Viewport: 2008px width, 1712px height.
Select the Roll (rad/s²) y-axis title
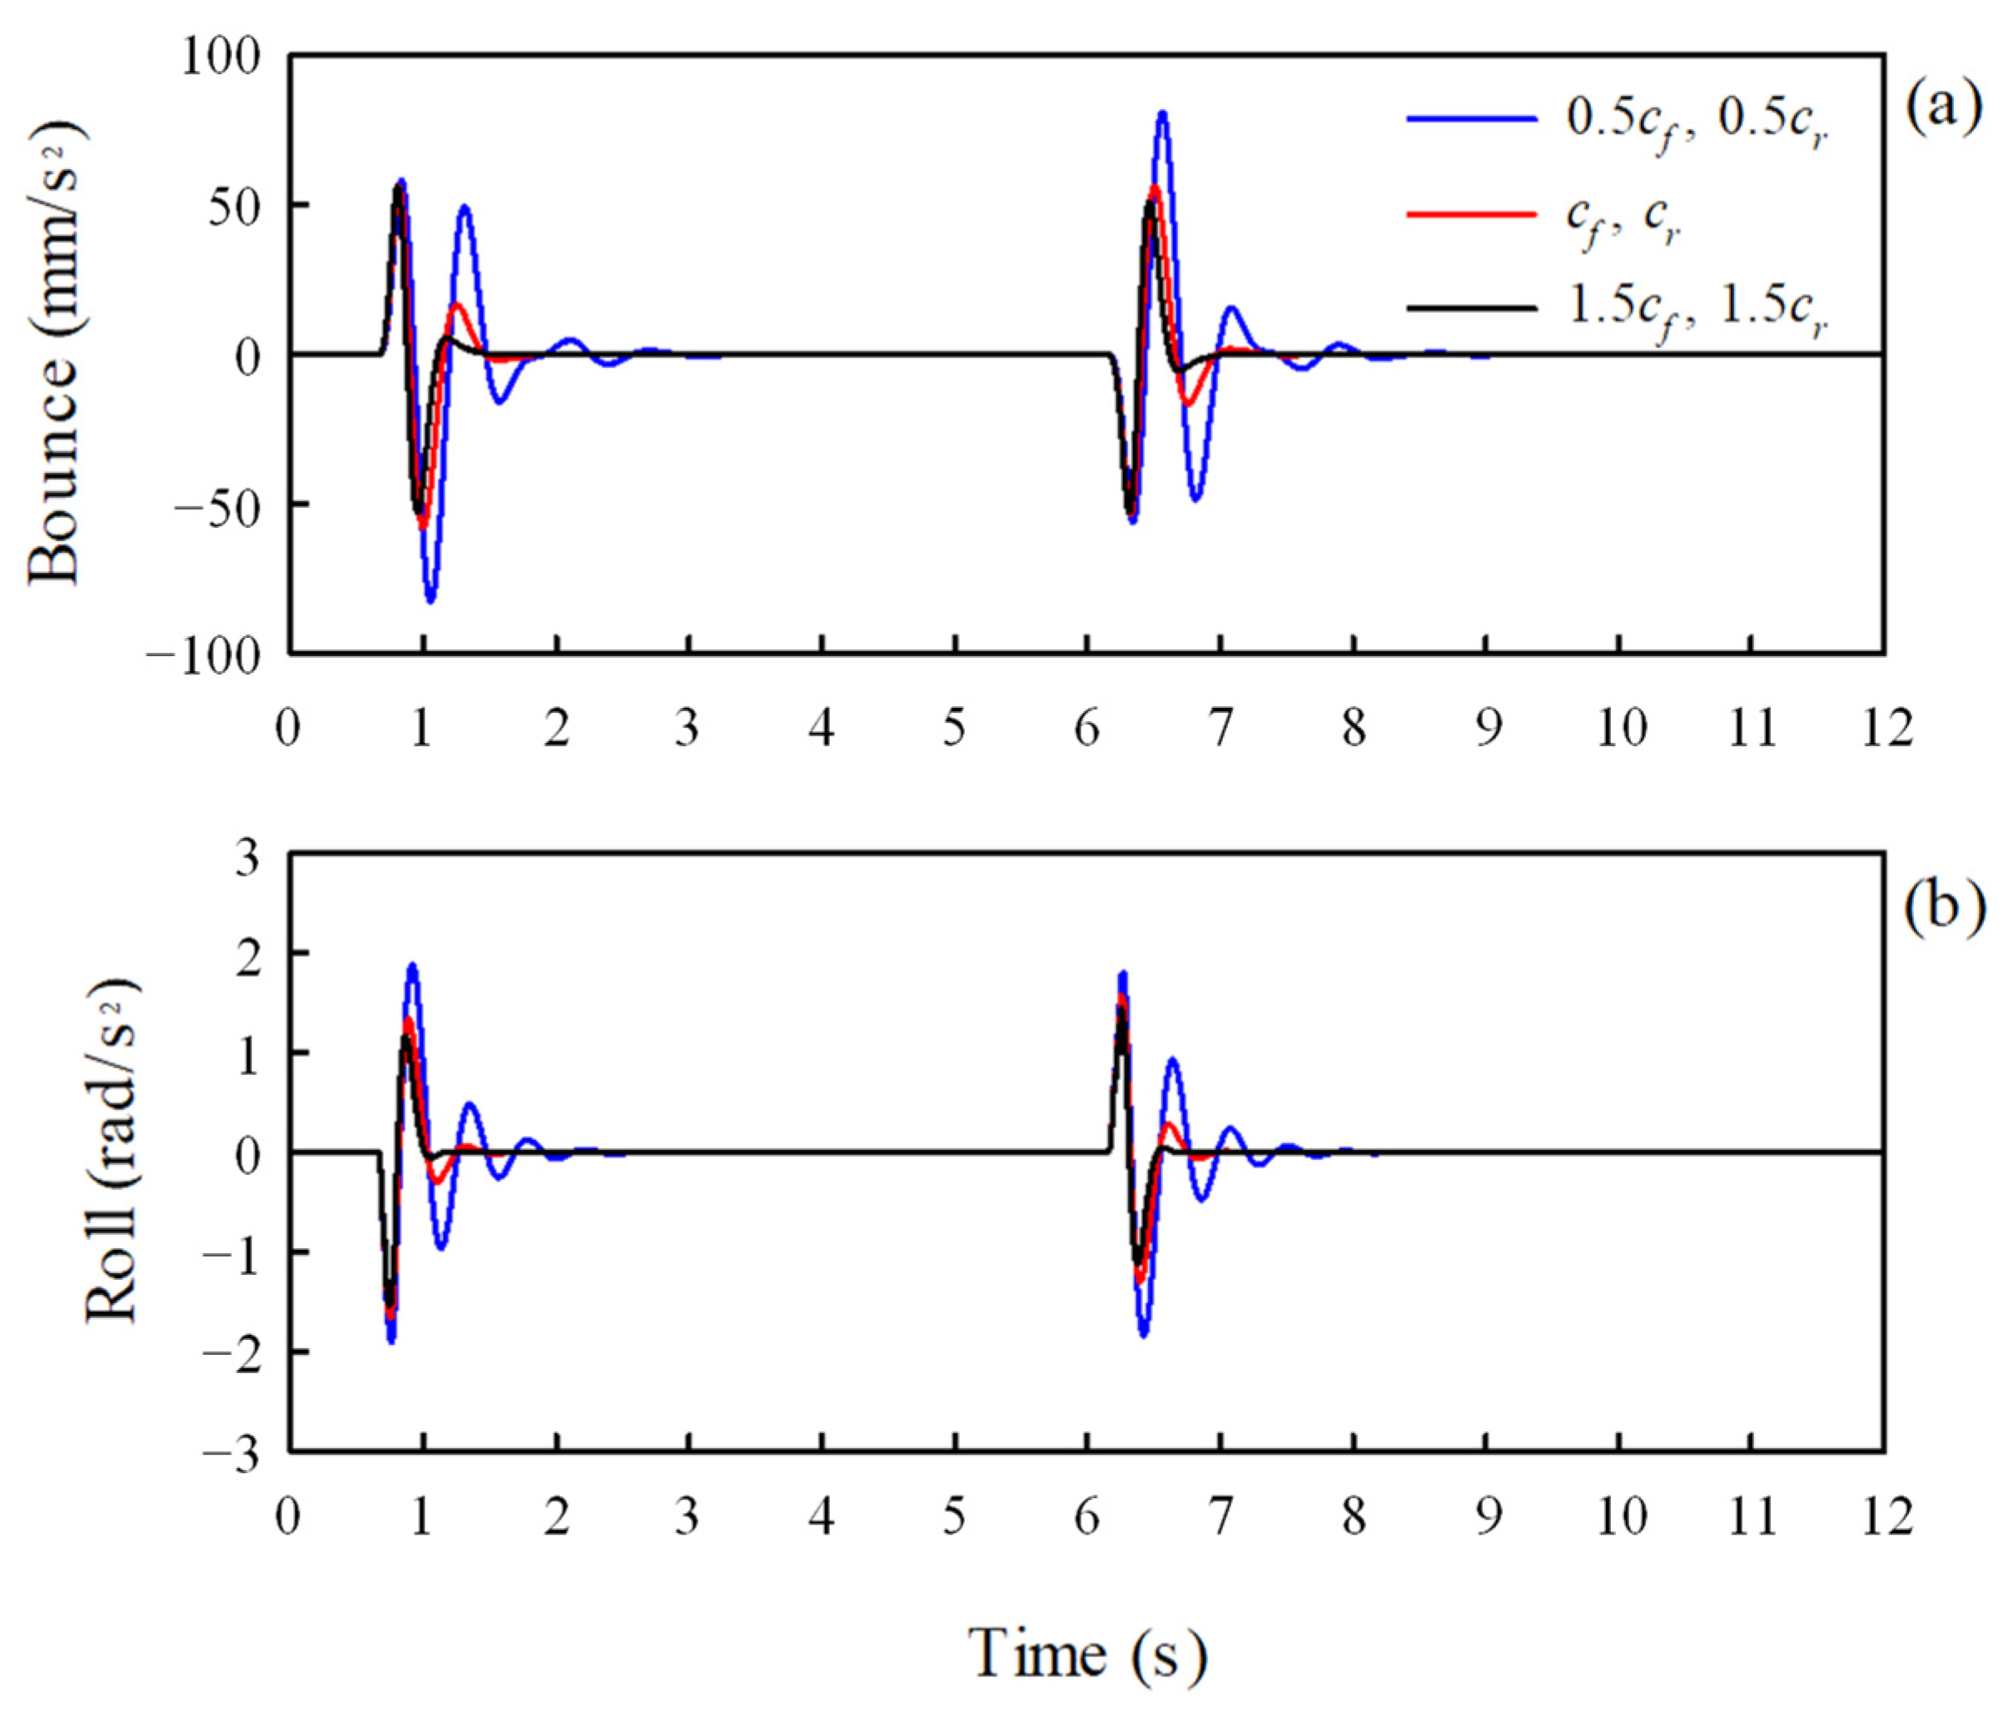click(x=112, y=1151)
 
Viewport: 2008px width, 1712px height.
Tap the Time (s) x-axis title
click(x=1087, y=1654)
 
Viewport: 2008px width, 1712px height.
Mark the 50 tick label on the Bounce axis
click(x=236, y=207)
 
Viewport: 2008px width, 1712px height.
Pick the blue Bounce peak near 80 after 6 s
click(x=1162, y=113)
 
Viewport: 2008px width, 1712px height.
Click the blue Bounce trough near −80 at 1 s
click(x=430, y=601)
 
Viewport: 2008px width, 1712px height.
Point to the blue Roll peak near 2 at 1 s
click(x=413, y=966)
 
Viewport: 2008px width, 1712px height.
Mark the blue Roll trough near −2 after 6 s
click(x=1144, y=1335)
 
